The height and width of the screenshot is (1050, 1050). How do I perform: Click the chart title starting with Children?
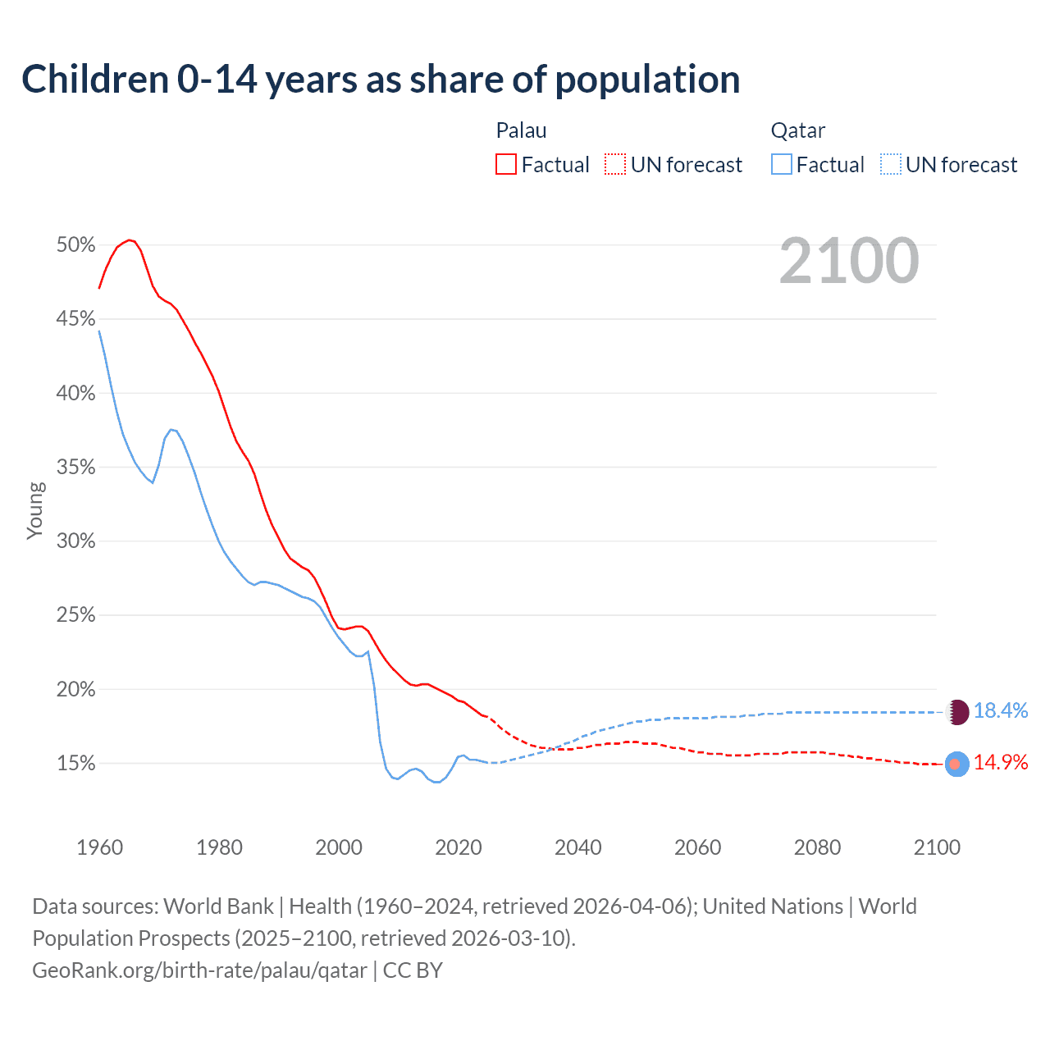[381, 80]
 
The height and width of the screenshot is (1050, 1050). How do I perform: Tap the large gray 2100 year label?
[848, 261]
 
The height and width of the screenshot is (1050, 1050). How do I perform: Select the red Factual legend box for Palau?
[506, 165]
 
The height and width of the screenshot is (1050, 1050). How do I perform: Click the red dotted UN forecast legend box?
[615, 165]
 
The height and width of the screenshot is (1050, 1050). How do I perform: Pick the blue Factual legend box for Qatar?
[781, 165]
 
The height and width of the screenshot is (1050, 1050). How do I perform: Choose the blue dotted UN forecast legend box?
[890, 165]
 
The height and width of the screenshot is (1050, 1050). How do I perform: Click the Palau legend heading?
[521, 130]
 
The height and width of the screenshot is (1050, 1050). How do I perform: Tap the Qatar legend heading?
[797, 130]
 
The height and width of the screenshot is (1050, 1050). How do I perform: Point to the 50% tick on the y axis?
[75, 245]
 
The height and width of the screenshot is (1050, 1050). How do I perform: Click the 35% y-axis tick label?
[75, 468]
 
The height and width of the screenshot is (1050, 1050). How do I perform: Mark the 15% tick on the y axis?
[75, 764]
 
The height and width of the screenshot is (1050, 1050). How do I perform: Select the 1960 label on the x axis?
[99, 847]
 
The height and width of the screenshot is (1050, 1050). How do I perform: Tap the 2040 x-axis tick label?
[578, 847]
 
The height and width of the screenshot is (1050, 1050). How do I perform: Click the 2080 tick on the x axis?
[817, 847]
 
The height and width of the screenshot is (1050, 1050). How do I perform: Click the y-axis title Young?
[35, 510]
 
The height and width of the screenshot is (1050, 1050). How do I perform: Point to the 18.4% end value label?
[1001, 711]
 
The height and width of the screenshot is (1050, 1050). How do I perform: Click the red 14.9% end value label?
[1001, 763]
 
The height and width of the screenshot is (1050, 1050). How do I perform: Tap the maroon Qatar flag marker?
[958, 712]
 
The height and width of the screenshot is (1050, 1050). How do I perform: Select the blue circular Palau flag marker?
[956, 764]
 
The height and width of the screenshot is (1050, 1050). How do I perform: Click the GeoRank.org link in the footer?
[199, 970]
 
